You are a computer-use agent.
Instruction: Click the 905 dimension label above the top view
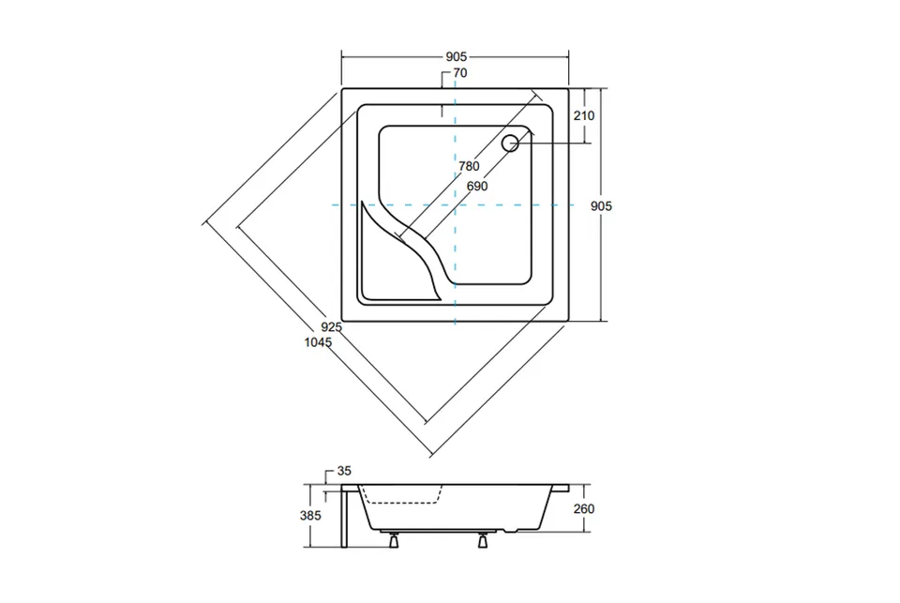coord(457,57)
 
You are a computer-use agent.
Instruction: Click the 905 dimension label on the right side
coord(602,206)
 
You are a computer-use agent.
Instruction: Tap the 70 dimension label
coord(460,73)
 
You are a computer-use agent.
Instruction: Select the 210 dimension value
coord(584,115)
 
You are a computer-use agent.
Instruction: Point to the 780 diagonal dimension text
coord(469,166)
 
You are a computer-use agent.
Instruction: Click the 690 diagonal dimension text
coord(477,186)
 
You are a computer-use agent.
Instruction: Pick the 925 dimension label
coord(331,327)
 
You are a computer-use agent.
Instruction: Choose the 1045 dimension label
coord(318,342)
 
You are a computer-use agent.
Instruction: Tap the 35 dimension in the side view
coord(344,471)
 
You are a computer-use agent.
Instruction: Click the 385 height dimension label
coord(310,516)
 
